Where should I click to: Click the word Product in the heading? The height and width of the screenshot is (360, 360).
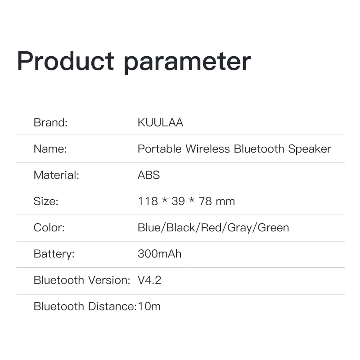[x=65, y=61]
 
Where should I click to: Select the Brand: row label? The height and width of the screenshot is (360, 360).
[x=50, y=122]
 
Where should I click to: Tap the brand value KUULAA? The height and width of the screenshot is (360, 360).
[x=160, y=122]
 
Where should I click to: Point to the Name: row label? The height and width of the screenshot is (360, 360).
[x=50, y=149]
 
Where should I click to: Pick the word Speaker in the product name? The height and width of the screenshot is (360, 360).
[x=310, y=149]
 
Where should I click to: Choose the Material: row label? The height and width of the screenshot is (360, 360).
[x=56, y=175]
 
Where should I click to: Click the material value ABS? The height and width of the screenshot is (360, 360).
[x=148, y=175]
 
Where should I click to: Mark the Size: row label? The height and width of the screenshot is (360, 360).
[x=46, y=201]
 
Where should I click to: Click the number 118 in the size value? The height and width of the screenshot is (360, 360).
[x=148, y=201]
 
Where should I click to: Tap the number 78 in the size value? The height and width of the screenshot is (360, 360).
[x=205, y=201]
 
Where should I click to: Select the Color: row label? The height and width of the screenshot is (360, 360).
[x=49, y=227]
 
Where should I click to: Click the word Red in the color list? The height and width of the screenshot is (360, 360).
[x=211, y=227]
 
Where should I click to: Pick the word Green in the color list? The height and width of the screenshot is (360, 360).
[x=273, y=227]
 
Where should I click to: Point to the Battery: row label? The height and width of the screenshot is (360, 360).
[x=54, y=254]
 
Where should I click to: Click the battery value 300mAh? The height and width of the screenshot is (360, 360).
[x=159, y=254]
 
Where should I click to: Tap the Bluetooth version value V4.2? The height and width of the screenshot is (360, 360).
[x=149, y=280]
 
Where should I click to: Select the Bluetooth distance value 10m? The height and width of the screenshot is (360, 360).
[x=149, y=306]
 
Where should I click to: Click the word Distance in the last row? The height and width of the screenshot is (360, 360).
[x=111, y=306]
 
